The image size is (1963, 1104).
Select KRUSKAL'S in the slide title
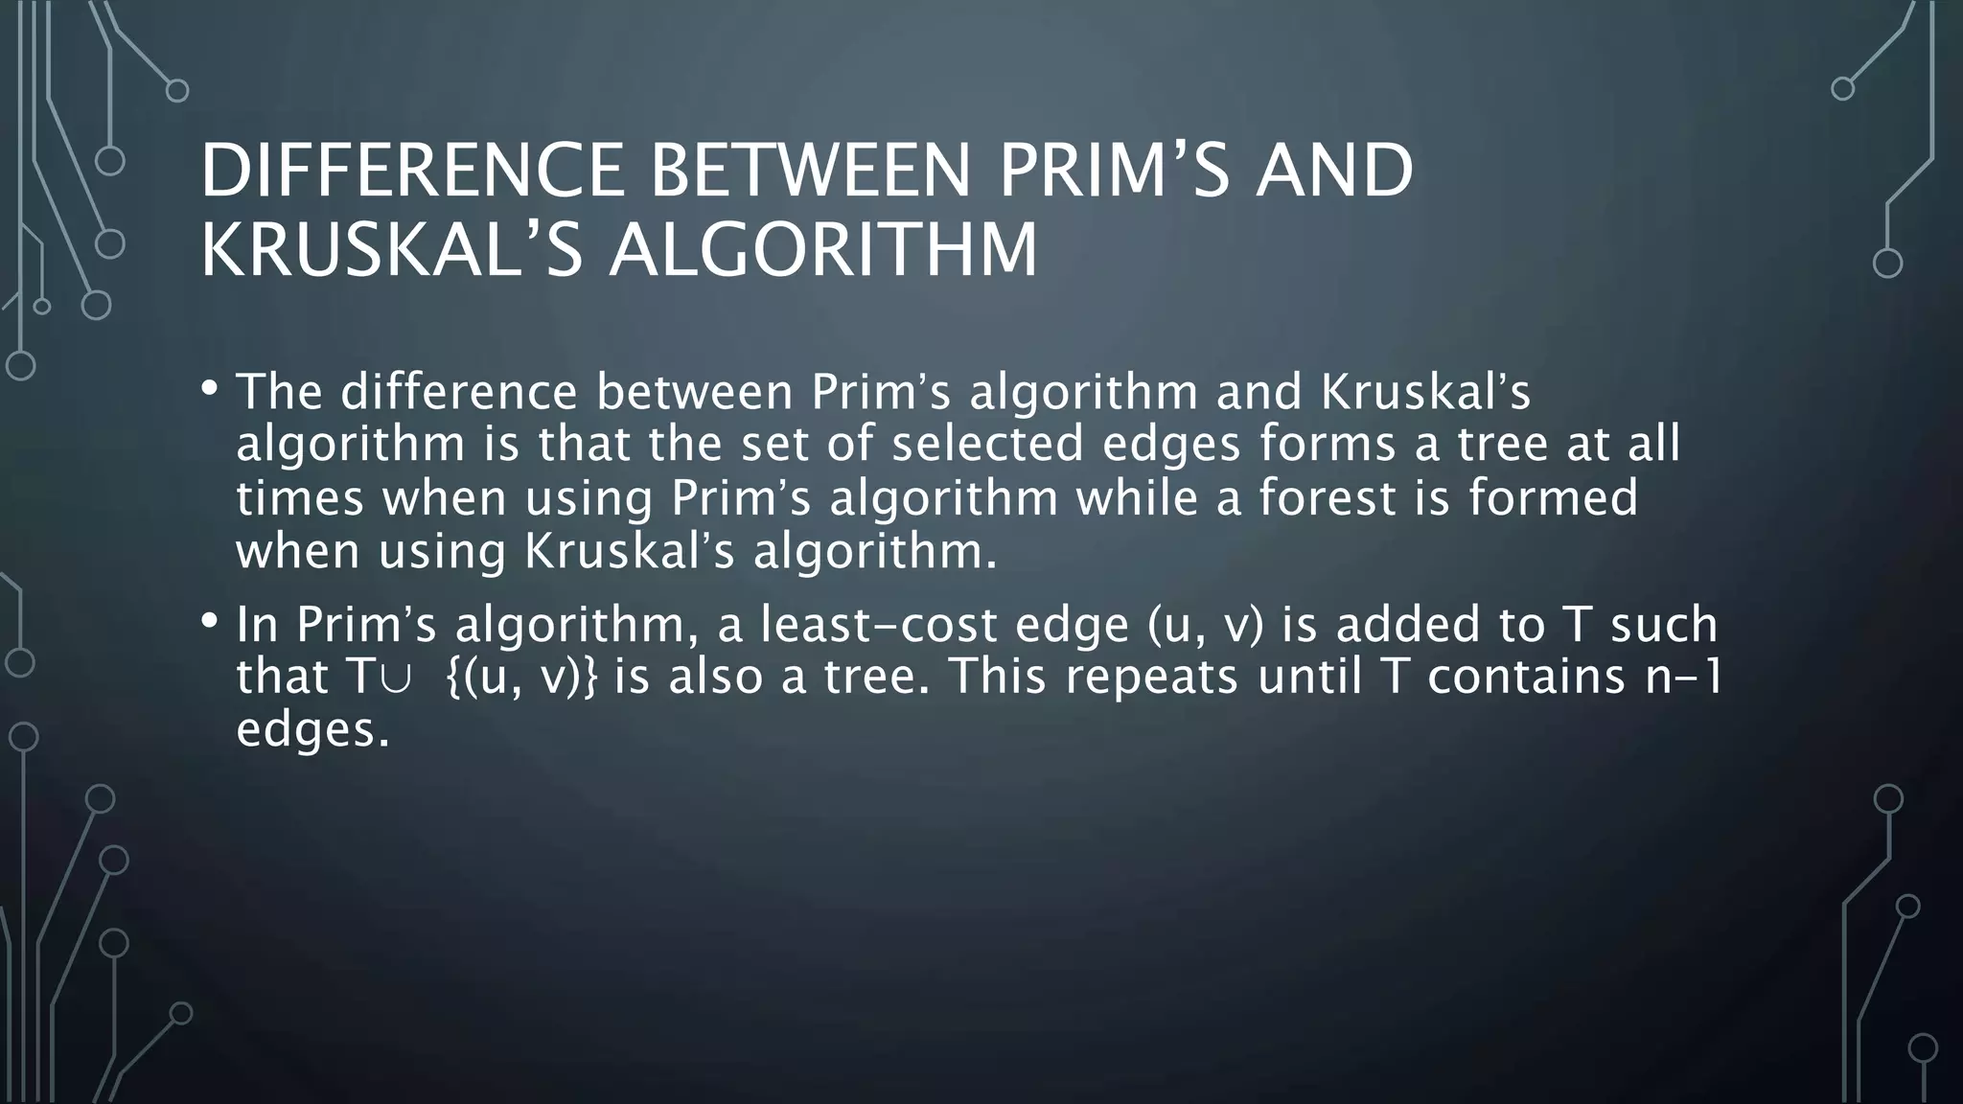[391, 250]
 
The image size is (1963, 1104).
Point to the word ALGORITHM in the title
[823, 250]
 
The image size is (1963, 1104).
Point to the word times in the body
[300, 497]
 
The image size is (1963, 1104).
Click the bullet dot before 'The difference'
[210, 389]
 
